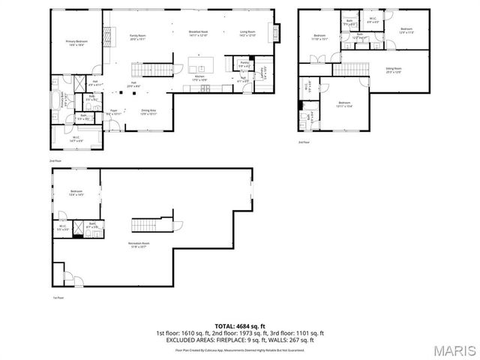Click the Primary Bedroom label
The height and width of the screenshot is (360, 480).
point(76,43)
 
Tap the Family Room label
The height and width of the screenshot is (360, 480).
point(136,37)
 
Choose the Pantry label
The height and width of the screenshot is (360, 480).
point(244,65)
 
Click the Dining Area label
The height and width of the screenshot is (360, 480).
point(148,112)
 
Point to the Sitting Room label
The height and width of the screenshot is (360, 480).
point(394,72)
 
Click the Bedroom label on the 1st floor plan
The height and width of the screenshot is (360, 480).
point(76,193)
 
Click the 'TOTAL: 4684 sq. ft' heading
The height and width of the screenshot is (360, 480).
point(239,326)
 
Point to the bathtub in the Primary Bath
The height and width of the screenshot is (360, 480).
point(58,97)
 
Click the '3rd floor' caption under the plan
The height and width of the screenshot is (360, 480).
point(303,142)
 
